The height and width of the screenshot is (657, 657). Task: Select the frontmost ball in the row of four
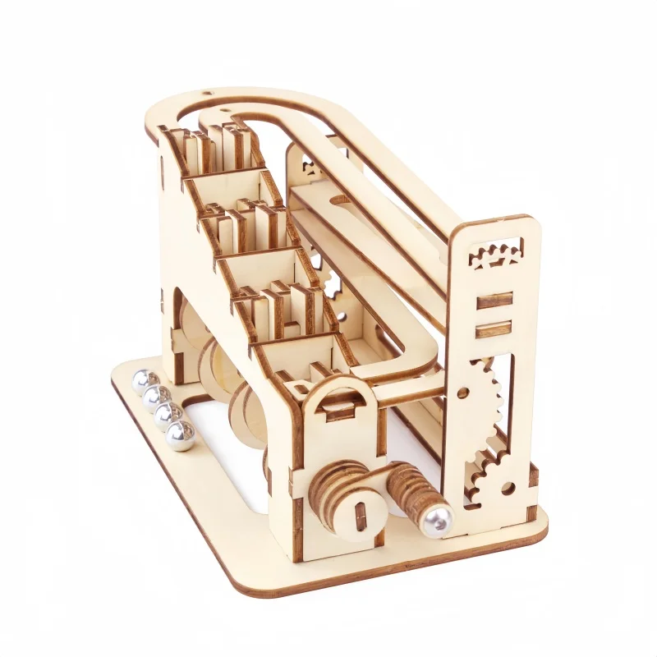(x=181, y=436)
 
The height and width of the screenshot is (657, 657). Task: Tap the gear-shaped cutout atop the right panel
(x=496, y=253)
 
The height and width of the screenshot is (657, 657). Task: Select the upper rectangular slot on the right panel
(x=494, y=301)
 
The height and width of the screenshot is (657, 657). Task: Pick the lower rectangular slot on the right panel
(x=494, y=329)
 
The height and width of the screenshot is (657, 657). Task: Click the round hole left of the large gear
(x=463, y=393)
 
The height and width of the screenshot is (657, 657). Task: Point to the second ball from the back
(x=154, y=397)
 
